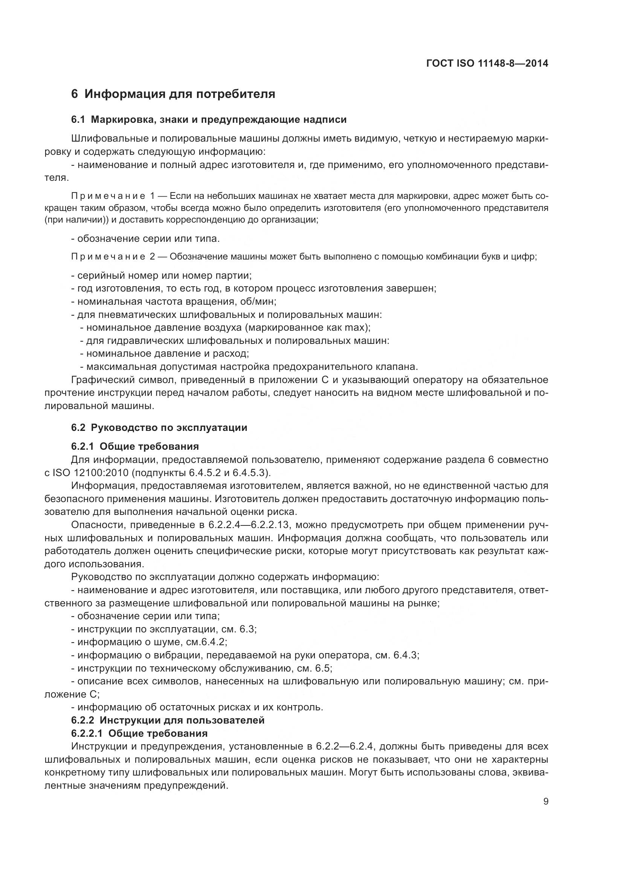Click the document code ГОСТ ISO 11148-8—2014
pos(487,64)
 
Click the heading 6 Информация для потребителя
pos(173,94)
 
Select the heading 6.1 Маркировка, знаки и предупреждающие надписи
pos(209,120)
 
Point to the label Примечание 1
pos(112,197)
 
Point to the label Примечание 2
pos(112,257)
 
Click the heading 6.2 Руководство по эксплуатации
pos(159,428)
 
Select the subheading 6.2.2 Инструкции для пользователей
pos(168,720)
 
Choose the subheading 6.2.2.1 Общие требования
pos(139,734)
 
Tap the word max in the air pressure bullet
pos(355,328)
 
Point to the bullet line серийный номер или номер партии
pos(162,275)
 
